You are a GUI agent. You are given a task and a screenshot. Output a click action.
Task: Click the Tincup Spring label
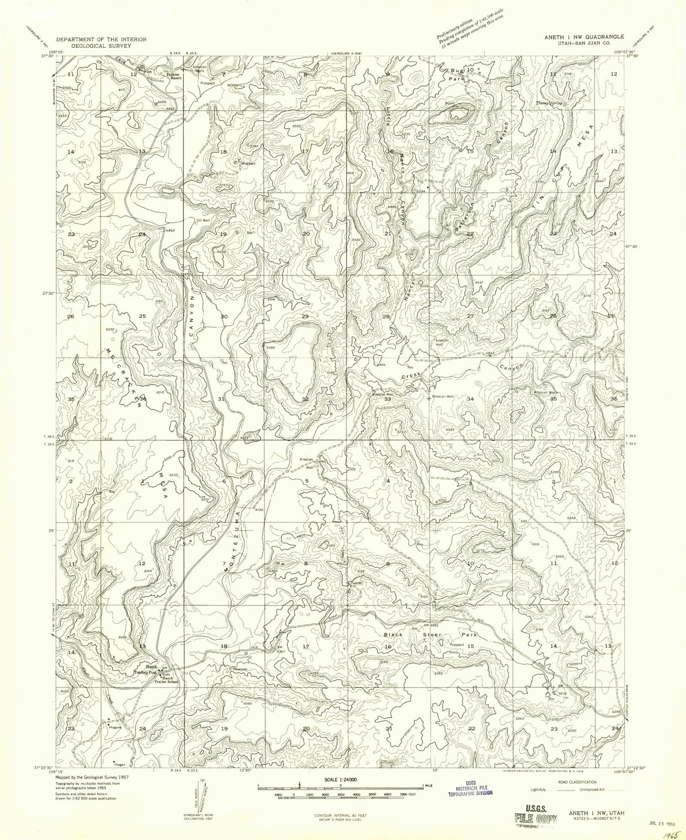[x=549, y=104]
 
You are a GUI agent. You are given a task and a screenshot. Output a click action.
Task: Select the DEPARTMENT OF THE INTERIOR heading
[x=101, y=40]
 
